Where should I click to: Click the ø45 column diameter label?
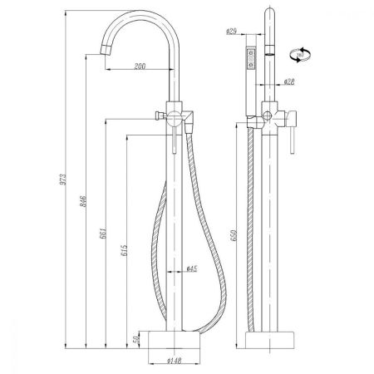pyautogui.click(x=191, y=268)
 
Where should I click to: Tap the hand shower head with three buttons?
pyautogui.click(x=249, y=62)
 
